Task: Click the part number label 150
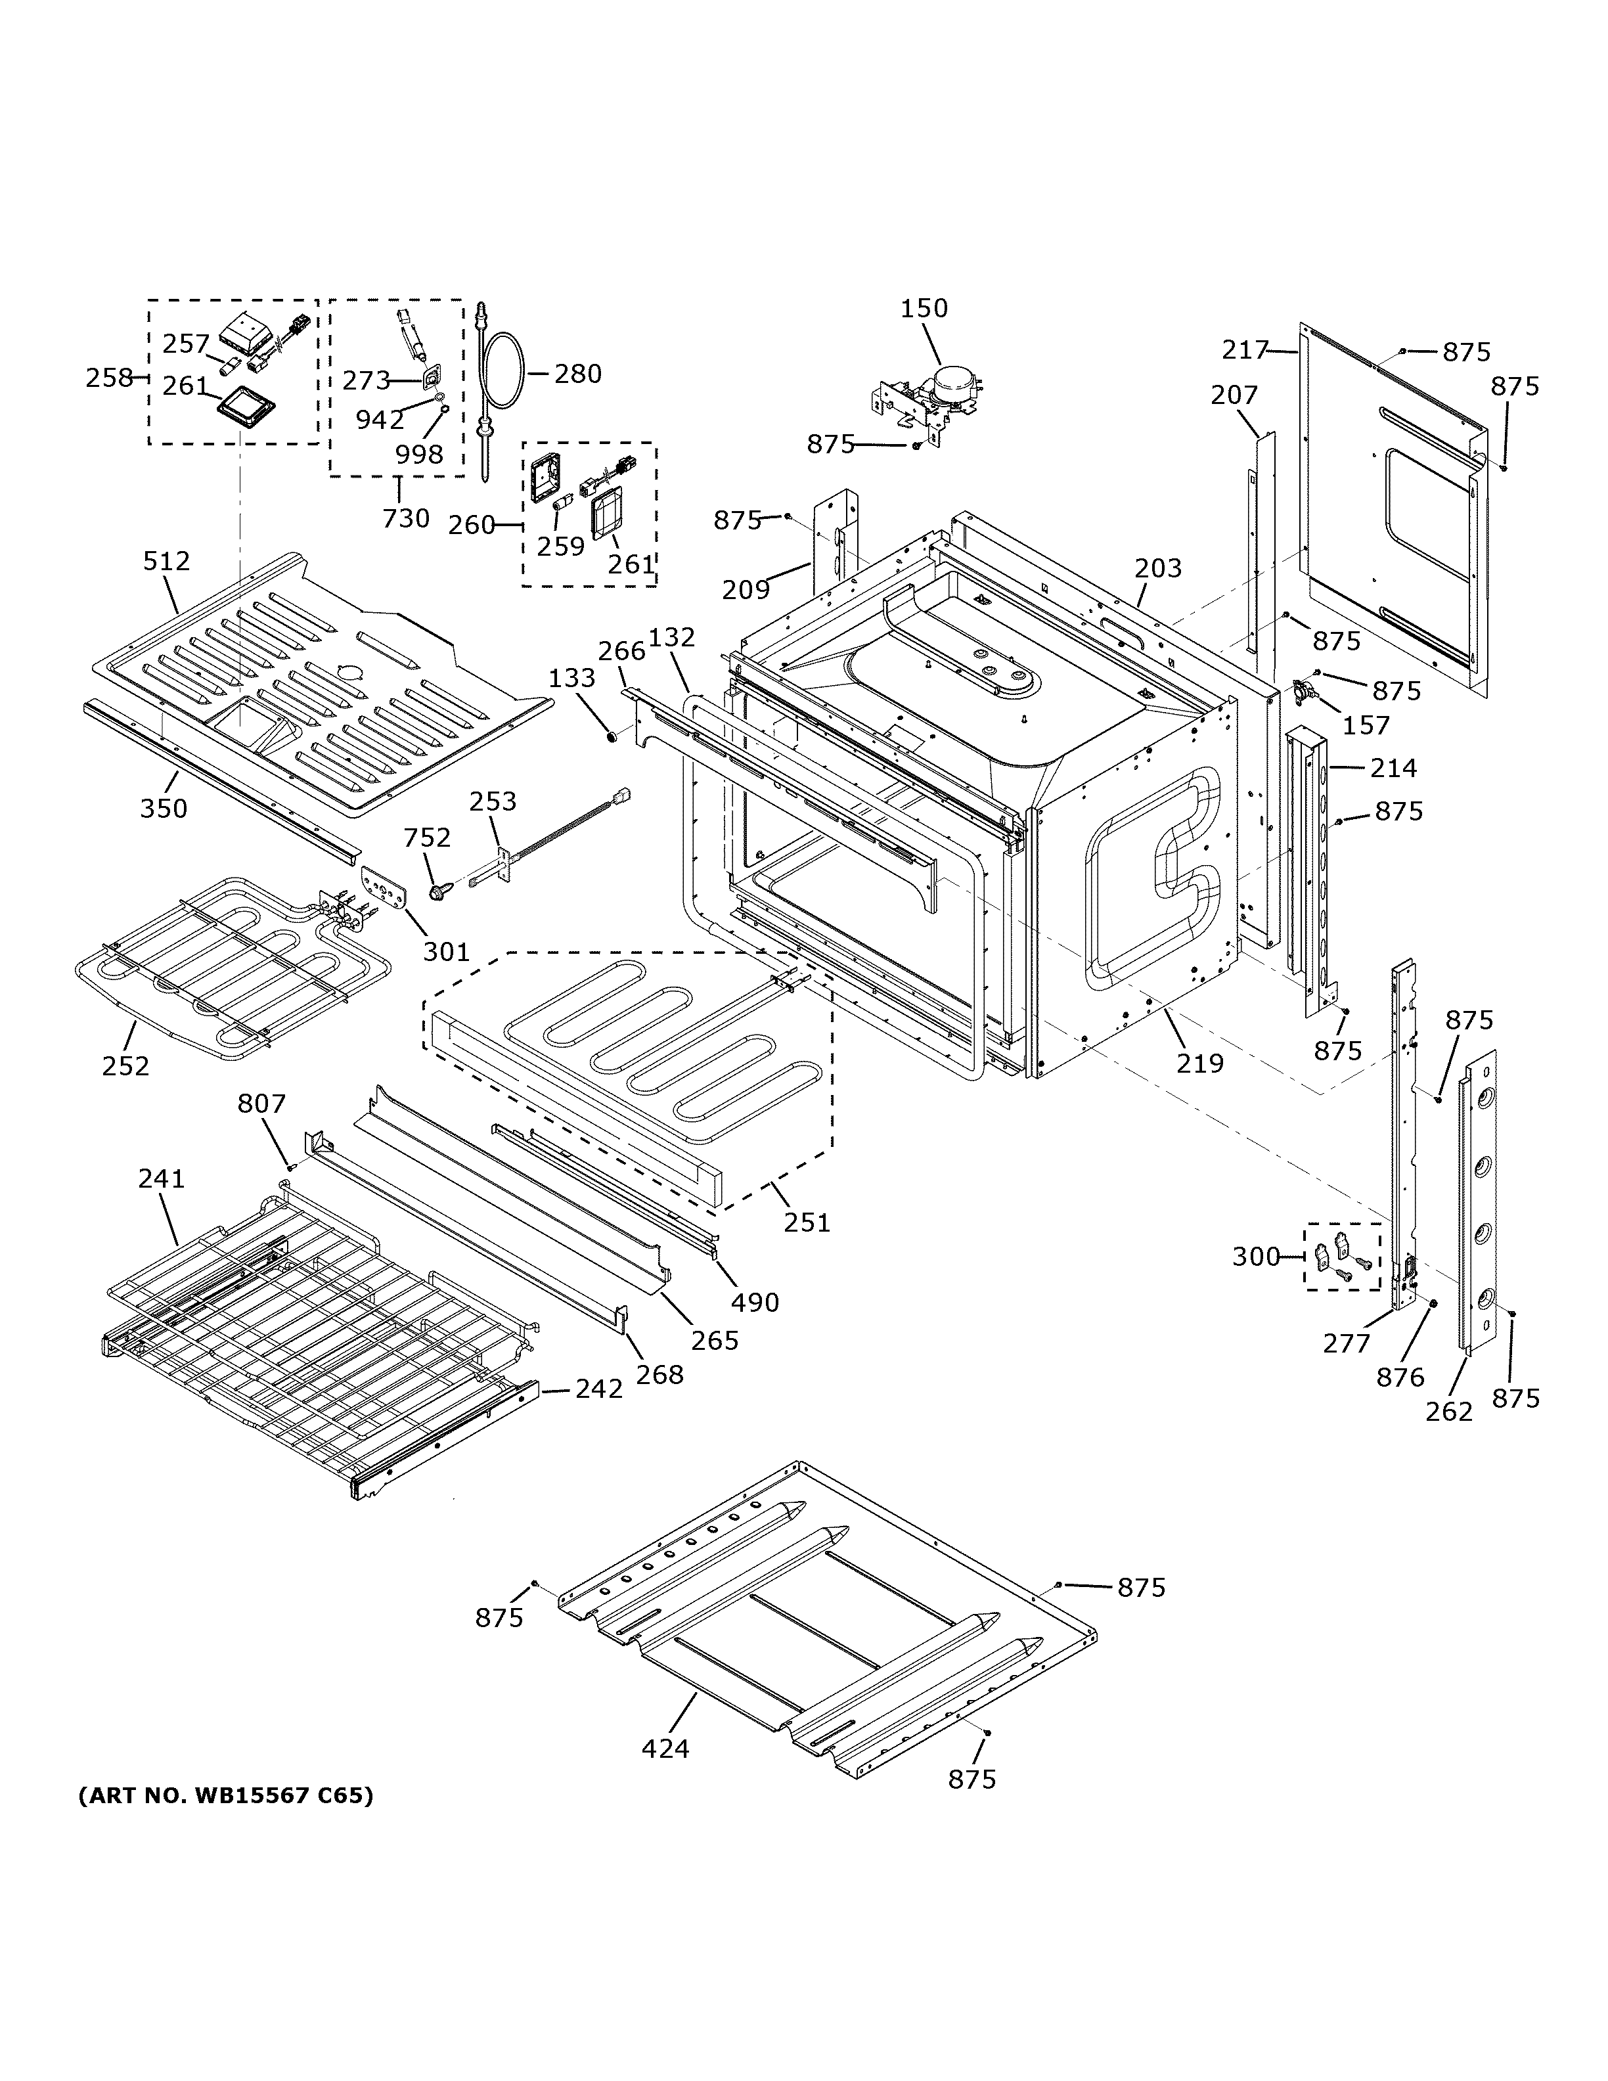click(924, 309)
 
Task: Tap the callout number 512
click(167, 561)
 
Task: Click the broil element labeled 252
click(219, 962)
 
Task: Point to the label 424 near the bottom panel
click(665, 1749)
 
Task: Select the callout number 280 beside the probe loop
click(577, 374)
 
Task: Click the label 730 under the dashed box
click(406, 518)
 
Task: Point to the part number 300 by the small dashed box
click(1255, 1257)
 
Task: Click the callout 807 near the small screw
click(261, 1104)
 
